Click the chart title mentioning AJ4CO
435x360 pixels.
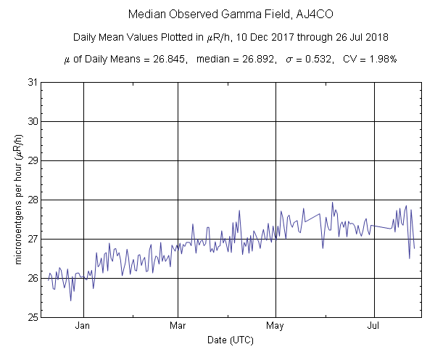217,15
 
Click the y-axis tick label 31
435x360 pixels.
33,82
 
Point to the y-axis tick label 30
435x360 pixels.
33,121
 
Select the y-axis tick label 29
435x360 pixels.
33,160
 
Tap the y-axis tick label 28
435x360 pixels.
33,200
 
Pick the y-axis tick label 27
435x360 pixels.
33,239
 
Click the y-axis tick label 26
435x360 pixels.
33,278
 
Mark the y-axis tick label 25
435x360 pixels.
33,317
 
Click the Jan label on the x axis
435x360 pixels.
83,327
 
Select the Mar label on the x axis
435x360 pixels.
178,327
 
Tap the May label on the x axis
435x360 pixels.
275,327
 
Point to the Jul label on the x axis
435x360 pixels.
374,327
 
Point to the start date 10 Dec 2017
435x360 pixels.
273,37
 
